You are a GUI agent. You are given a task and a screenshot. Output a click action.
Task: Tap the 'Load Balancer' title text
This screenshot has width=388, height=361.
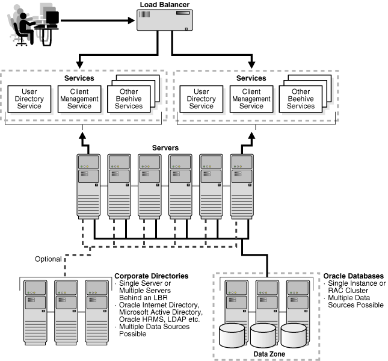point(164,5)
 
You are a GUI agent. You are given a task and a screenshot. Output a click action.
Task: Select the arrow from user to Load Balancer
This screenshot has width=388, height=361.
point(96,22)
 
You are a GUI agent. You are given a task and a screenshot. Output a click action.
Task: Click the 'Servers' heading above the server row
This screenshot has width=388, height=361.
point(164,147)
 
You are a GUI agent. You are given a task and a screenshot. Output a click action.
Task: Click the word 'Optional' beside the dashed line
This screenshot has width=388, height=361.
point(48,259)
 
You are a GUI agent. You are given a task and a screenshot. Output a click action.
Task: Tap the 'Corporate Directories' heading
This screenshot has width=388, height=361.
point(151,276)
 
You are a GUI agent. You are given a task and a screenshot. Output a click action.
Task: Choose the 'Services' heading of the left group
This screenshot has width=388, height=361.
point(79,78)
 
